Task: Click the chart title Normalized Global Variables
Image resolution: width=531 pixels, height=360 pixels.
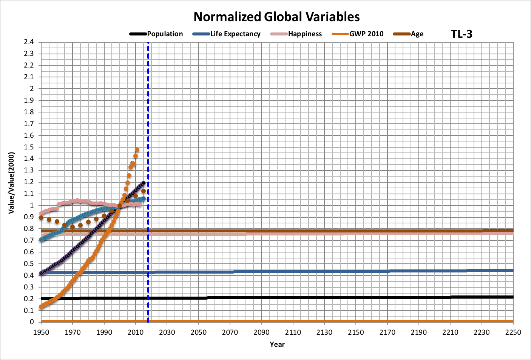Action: pyautogui.click(x=276, y=17)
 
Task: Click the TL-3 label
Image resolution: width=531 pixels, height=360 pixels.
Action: pyautogui.click(x=462, y=34)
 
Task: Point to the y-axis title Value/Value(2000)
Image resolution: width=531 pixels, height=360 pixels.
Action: pyautogui.click(x=11, y=183)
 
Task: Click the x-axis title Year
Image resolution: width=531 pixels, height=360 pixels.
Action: pyautogui.click(x=277, y=344)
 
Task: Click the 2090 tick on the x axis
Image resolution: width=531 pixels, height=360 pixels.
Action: pyautogui.click(x=261, y=332)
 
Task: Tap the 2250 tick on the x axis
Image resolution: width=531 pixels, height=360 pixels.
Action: pyautogui.click(x=513, y=332)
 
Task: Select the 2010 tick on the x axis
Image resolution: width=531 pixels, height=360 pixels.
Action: pyautogui.click(x=135, y=332)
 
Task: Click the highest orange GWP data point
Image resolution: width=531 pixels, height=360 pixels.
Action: pyautogui.click(x=137, y=150)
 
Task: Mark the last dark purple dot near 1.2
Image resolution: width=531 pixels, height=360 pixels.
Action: pyautogui.click(x=143, y=183)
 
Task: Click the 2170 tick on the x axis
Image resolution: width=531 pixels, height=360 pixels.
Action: pyautogui.click(x=387, y=332)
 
